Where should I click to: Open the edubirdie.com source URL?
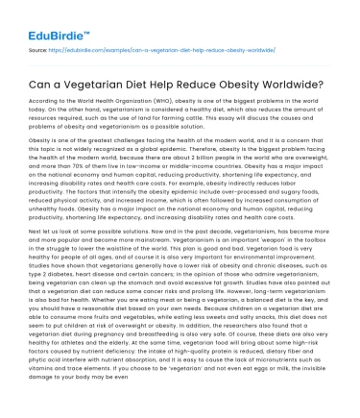point(183,46)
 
